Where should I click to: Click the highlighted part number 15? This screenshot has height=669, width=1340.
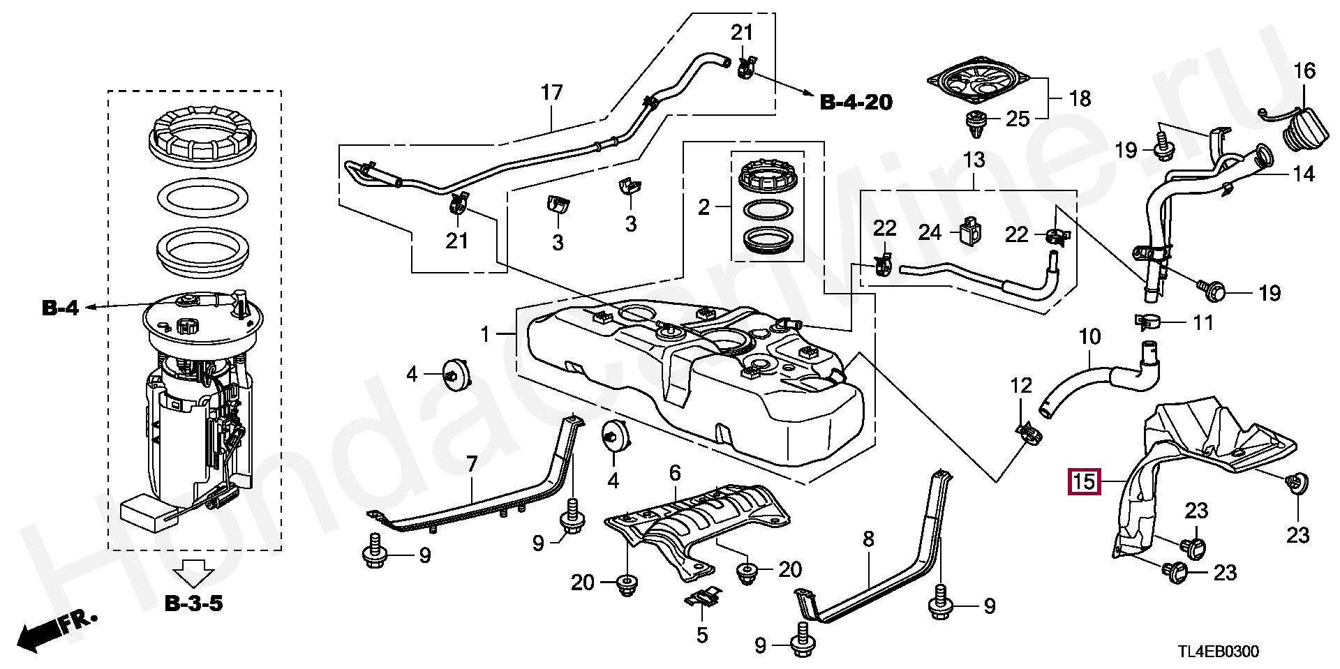pyautogui.click(x=1082, y=481)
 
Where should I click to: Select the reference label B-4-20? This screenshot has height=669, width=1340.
pyautogui.click(x=856, y=103)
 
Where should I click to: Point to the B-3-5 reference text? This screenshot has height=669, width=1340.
pyautogui.click(x=193, y=603)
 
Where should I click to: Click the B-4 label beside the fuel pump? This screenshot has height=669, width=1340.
pyautogui.click(x=60, y=308)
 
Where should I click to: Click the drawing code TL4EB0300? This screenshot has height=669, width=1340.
pyautogui.click(x=1219, y=652)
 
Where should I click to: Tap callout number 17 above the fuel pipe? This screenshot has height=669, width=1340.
pyautogui.click(x=551, y=93)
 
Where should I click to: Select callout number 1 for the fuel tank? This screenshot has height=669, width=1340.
pyautogui.click(x=486, y=335)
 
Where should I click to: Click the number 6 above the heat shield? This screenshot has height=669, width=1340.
pyautogui.click(x=675, y=473)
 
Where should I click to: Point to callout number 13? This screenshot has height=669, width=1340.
pyautogui.click(x=974, y=160)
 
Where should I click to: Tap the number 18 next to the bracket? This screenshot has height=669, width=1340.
pyautogui.click(x=1080, y=99)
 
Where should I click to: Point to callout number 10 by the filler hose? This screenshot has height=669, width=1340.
pyautogui.click(x=1089, y=338)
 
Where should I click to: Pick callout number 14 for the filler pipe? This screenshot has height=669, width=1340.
pyautogui.click(x=1303, y=174)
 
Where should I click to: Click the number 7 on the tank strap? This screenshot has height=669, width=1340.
pyautogui.click(x=472, y=463)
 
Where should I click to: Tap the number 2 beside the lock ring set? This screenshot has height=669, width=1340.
pyautogui.click(x=703, y=207)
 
